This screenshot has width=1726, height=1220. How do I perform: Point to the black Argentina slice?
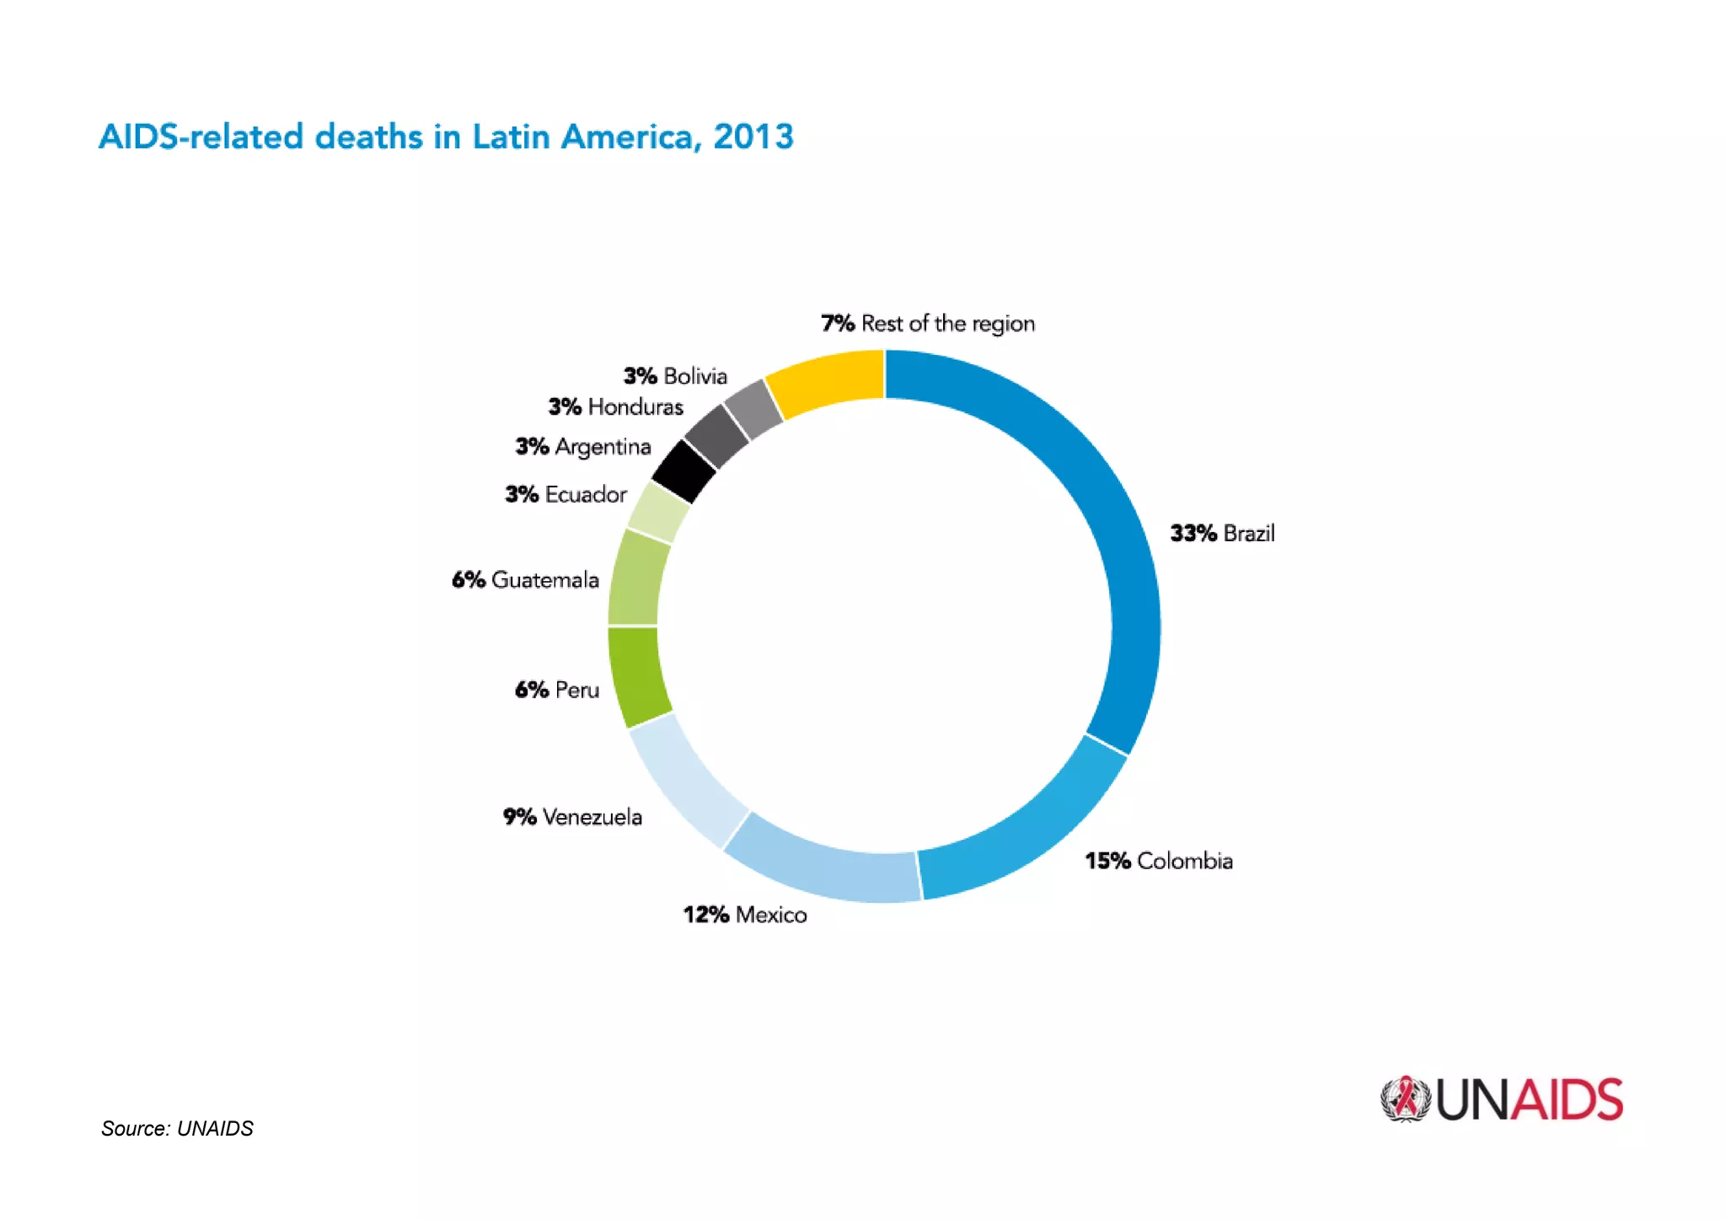pyautogui.click(x=684, y=470)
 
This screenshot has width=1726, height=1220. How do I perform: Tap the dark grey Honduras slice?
pyautogui.click(x=716, y=436)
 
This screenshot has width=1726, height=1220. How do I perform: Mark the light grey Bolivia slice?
pyautogui.click(x=753, y=409)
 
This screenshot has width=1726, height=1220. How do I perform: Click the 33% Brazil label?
pyautogui.click(x=1222, y=534)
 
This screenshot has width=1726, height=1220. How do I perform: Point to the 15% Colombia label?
pyautogui.click(x=1159, y=861)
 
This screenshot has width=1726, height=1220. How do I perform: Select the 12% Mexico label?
pyautogui.click(x=745, y=915)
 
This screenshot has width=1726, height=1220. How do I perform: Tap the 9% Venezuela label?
pyautogui.click(x=573, y=817)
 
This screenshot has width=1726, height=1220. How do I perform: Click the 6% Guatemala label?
pyautogui.click(x=526, y=580)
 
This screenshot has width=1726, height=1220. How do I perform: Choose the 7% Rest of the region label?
pyautogui.click(x=928, y=324)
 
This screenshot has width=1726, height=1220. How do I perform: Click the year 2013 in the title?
pyautogui.click(x=753, y=137)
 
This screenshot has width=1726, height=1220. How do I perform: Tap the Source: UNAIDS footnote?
pyautogui.click(x=177, y=1128)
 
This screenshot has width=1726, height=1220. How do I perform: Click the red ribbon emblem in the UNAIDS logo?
pyautogui.click(x=1405, y=1099)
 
